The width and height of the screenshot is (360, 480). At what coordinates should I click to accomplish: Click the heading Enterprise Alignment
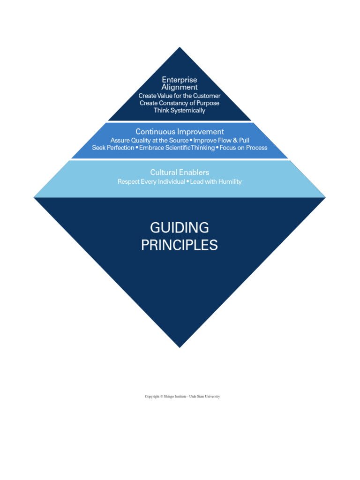tap(180, 83)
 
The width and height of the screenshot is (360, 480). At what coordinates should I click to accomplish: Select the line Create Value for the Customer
tap(180, 96)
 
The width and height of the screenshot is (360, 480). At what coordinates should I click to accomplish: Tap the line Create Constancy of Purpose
tap(180, 103)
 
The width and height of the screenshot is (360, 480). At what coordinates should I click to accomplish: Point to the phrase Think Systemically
tap(180, 111)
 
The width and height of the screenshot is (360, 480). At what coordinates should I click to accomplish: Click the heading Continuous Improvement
tap(180, 132)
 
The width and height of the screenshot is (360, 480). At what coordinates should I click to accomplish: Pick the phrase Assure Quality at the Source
tap(149, 140)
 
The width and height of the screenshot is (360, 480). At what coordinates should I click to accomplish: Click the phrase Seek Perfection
tap(113, 148)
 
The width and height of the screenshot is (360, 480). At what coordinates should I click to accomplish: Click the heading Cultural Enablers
tap(180, 172)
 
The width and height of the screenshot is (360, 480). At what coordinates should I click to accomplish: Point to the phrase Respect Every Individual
tap(151, 181)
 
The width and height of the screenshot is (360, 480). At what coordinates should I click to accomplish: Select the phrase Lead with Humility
tap(216, 181)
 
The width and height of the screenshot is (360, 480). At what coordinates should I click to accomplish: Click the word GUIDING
tap(180, 228)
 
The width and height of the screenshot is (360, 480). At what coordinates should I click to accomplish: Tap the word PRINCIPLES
tap(180, 245)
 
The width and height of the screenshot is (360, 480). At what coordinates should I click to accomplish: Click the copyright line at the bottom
tap(182, 397)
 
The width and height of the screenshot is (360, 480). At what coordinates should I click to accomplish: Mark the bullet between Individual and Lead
tap(187, 181)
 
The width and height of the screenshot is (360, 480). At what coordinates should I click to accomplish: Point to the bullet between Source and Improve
tap(191, 140)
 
